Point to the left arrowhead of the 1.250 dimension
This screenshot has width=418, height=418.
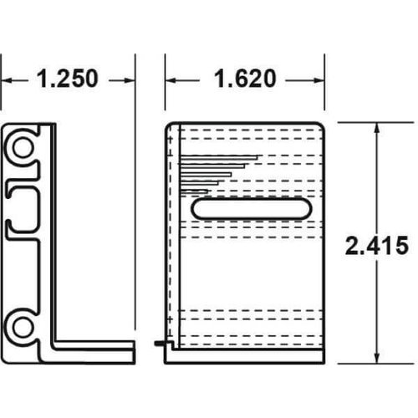coord(7,80)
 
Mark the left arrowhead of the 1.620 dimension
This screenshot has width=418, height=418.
coord(171,80)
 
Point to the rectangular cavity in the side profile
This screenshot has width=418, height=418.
coord(26,201)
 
